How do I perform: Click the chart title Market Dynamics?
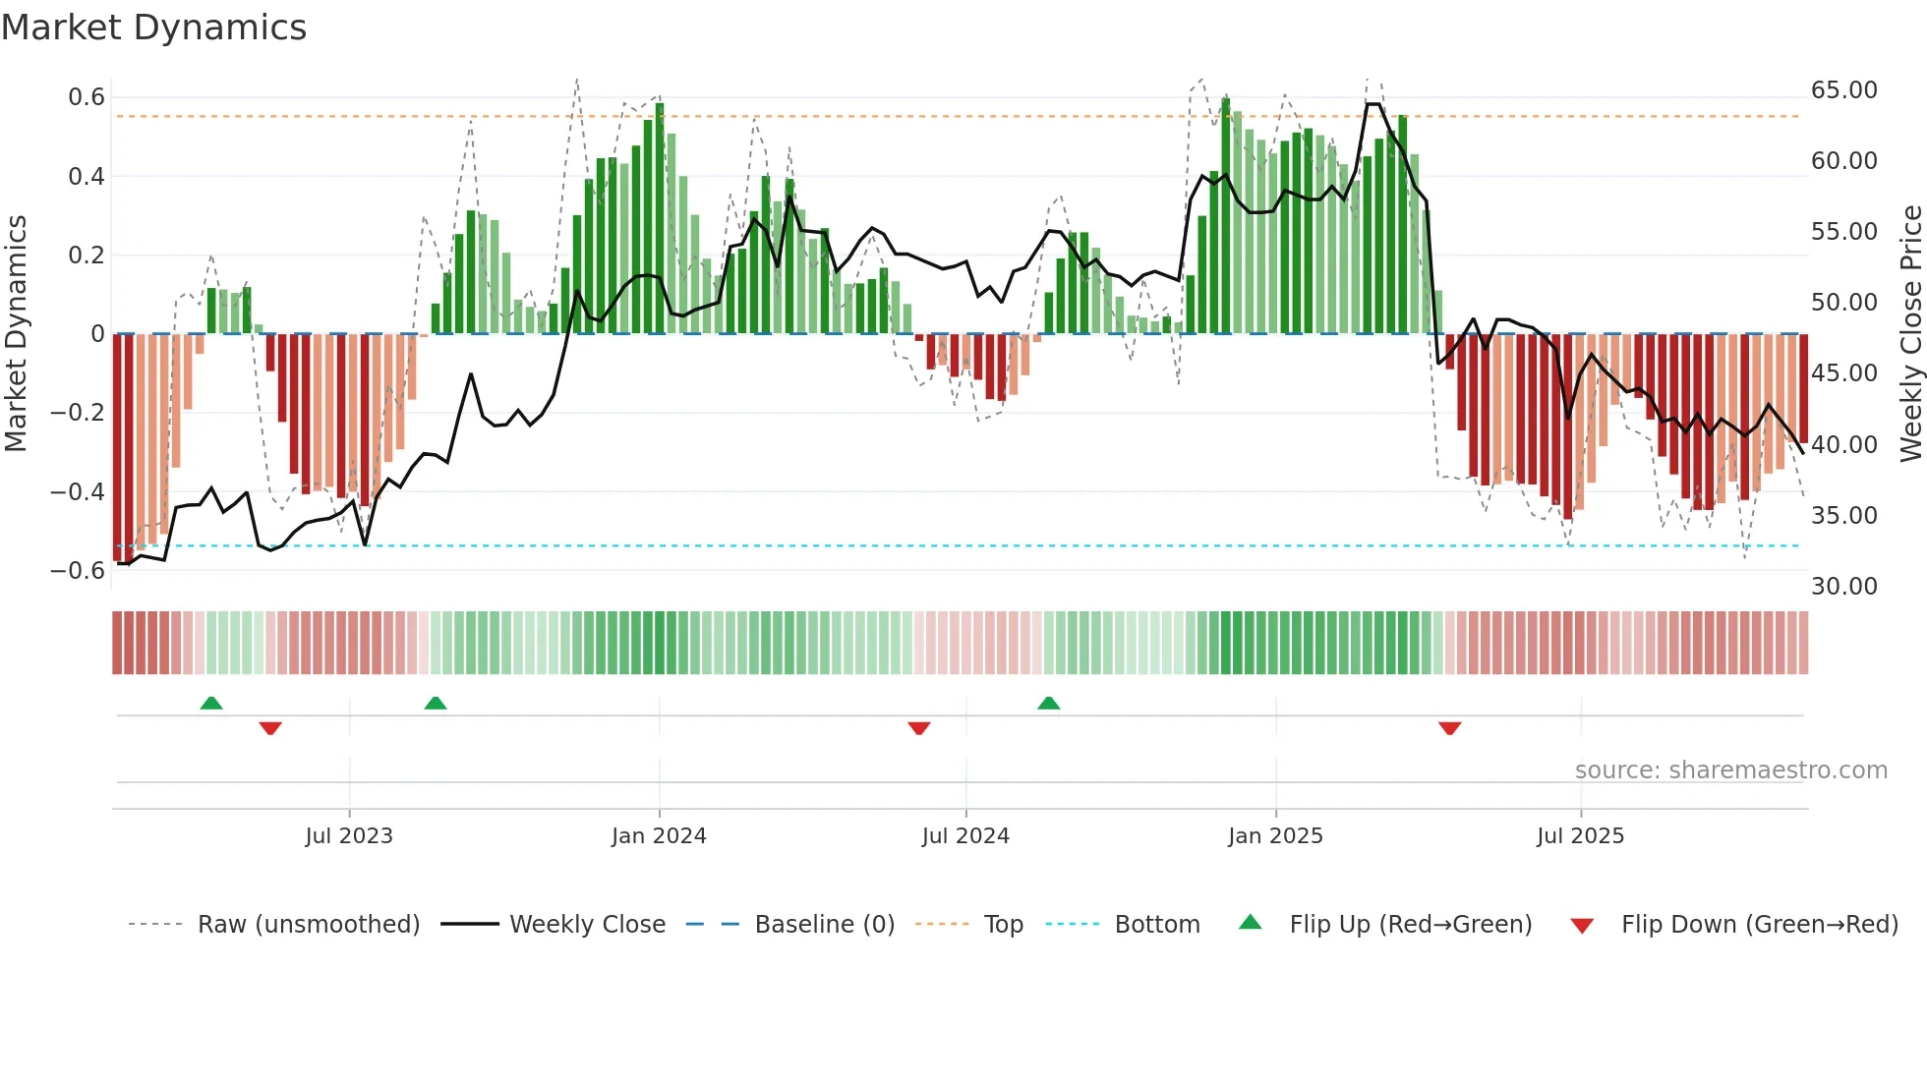[153, 28]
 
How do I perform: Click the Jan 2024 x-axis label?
[659, 836]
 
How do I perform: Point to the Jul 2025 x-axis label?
[1580, 836]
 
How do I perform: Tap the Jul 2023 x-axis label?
[349, 836]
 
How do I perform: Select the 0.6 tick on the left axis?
[87, 97]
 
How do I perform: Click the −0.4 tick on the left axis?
[78, 491]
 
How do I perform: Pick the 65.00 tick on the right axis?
[1843, 90]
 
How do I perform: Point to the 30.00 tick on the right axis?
[1843, 587]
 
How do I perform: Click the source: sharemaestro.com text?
[1730, 770]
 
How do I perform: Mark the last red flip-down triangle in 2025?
[1449, 728]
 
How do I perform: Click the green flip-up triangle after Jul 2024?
[1048, 703]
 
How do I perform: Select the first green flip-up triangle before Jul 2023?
[211, 703]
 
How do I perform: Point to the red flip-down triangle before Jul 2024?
[919, 728]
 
